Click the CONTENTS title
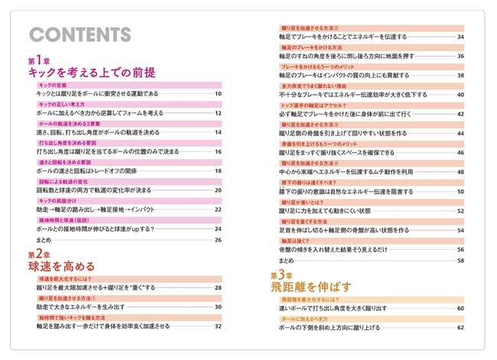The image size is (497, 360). [x=79, y=35]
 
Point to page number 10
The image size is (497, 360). [x=218, y=94]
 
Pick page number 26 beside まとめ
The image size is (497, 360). [x=218, y=240]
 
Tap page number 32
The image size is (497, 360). [x=218, y=326]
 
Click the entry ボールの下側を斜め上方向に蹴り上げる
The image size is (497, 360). [x=329, y=327]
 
